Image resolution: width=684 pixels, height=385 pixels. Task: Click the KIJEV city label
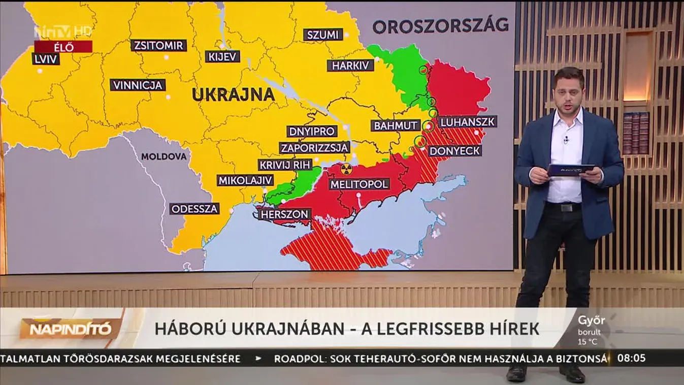pos(222,56)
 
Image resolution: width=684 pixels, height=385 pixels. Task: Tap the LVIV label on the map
pos(46,59)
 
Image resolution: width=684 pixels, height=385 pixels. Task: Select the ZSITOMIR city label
pos(158,45)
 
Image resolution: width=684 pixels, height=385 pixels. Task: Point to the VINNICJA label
pos(138,85)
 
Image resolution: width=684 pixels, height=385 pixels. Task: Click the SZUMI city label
pos(323,35)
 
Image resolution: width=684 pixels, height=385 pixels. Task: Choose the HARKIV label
pos(350,66)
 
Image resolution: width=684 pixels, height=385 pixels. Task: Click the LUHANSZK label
pos(467,122)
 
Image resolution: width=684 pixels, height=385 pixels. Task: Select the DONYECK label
pos(454,151)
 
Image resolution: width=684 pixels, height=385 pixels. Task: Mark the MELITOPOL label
pos(360,184)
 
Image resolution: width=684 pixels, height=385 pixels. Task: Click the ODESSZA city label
pos(194,209)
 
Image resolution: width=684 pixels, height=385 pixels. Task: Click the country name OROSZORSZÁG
pos(440,25)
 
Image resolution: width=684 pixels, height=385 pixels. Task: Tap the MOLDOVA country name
pos(164,156)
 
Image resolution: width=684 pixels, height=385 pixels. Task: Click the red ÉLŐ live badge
pos(63,47)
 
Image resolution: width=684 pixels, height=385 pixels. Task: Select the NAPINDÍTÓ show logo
pos(70,329)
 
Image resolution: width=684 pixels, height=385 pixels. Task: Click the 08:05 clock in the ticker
pos(631,358)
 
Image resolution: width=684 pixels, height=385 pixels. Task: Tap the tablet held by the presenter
pos(571,170)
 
